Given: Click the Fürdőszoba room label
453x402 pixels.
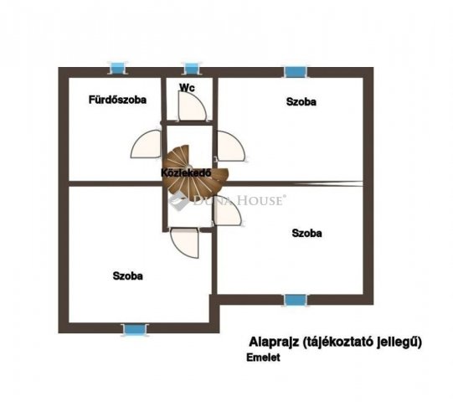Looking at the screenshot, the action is (117, 100).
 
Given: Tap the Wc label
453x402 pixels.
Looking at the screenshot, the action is (187, 87).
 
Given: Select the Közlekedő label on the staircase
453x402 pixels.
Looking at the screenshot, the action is (186, 173).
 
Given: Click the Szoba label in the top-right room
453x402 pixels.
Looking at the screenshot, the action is (301, 101).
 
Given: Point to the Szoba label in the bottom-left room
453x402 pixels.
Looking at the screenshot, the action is (128, 276).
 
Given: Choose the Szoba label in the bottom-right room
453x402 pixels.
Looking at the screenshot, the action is (306, 233).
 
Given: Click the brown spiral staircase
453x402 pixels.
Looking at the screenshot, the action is (195, 173).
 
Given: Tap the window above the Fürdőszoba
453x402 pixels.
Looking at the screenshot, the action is (117, 69).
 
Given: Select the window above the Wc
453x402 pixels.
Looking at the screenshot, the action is (191, 69).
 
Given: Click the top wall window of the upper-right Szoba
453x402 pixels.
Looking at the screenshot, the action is (296, 72).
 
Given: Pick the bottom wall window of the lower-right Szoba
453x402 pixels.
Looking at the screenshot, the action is (296, 301).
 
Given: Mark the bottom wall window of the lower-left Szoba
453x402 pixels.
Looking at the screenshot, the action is (135, 330).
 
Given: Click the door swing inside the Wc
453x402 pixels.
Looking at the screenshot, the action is (192, 106).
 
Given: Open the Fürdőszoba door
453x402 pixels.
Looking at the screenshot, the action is (146, 144).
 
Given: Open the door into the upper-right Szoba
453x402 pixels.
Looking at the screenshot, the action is (231, 146).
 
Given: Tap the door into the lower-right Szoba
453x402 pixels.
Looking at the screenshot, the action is (228, 210).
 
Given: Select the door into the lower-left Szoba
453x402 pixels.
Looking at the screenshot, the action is (185, 243).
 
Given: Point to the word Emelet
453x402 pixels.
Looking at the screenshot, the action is (263, 358).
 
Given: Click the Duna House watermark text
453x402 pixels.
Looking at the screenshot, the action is (238, 200).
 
